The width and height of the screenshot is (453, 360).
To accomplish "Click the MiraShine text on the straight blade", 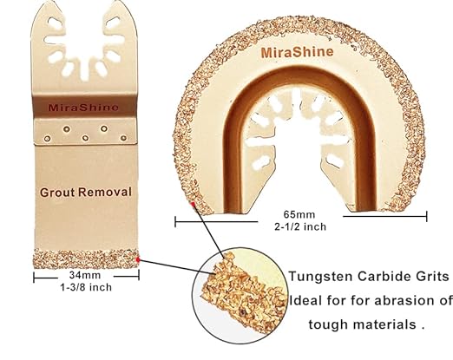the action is click(83, 108).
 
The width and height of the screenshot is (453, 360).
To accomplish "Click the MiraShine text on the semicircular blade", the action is click(297, 52).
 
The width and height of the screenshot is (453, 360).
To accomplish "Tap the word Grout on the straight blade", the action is click(57, 193).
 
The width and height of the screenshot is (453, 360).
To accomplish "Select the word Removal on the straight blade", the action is click(105, 192).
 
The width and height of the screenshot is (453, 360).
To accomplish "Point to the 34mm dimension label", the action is click(85, 275).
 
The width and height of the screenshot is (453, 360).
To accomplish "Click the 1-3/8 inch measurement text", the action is click(86, 287).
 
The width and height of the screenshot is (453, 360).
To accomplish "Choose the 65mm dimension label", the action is click(299, 214).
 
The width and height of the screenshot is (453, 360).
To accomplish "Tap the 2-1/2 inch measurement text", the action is click(300, 226).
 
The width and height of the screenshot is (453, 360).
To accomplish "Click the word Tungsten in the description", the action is click(321, 277).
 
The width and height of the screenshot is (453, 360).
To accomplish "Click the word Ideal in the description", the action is click(305, 300).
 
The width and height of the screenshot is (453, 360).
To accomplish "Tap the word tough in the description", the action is click(328, 324).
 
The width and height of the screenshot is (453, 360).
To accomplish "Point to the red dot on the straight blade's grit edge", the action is click(138, 259).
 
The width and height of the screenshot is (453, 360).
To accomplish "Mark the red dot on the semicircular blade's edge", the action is click(193, 206).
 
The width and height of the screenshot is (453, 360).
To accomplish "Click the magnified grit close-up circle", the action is click(241, 295).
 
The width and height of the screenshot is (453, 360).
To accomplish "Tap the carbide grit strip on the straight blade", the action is click(86, 259).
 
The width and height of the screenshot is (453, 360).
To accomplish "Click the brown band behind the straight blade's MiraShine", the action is click(84, 107).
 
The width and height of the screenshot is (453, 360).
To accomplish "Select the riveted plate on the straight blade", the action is click(85, 132).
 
